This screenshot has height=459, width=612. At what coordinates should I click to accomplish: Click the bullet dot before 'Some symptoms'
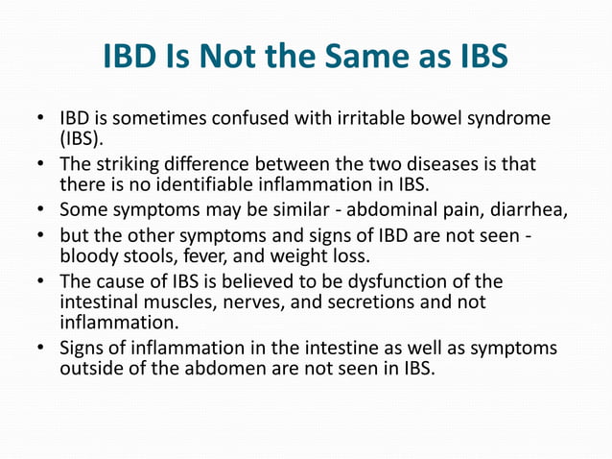(x=41, y=208)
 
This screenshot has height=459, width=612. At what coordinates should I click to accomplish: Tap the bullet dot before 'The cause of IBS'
(x=41, y=280)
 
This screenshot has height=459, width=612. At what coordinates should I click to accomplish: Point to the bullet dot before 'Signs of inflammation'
(x=41, y=348)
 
